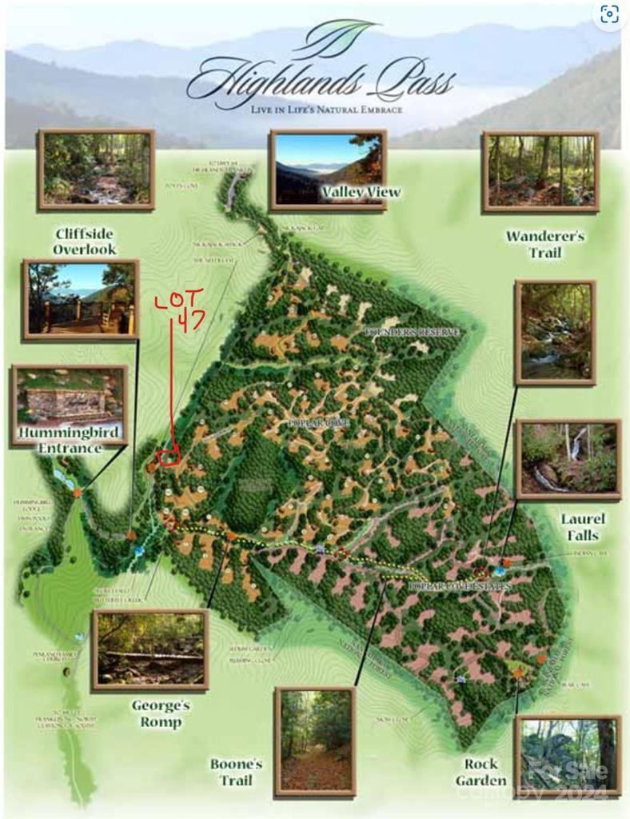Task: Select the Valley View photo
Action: coord(328,170)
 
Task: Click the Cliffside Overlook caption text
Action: coord(85,242)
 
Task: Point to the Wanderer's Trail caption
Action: coord(544,244)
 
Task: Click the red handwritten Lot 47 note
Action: coord(179,308)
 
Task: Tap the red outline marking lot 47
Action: coord(168,457)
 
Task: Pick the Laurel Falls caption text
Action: coord(582,527)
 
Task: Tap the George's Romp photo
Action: coord(150,649)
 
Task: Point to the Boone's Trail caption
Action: coord(236,772)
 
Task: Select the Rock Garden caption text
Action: coord(482,772)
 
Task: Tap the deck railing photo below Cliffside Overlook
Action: coord(80,299)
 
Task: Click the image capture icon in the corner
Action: coord(609,14)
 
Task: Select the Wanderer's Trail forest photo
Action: coord(540,171)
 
